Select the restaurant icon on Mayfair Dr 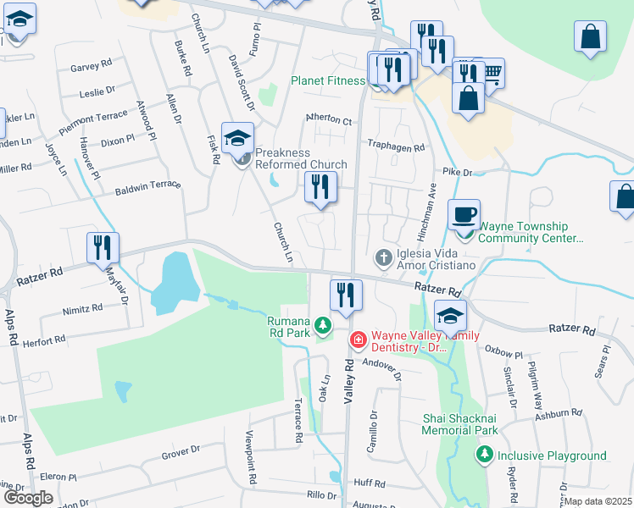[x=103, y=247]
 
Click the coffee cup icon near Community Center [x=464, y=214]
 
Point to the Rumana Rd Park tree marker [x=322, y=324]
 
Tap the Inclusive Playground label [x=552, y=456]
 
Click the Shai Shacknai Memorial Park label [x=460, y=424]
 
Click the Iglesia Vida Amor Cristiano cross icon [x=384, y=257]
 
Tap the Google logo [x=28, y=498]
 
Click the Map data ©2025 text [x=598, y=501]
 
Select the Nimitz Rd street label [x=82, y=310]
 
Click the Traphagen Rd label [x=395, y=146]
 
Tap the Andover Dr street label [x=381, y=363]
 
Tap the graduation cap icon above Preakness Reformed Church [x=238, y=137]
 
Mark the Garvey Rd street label [x=92, y=64]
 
